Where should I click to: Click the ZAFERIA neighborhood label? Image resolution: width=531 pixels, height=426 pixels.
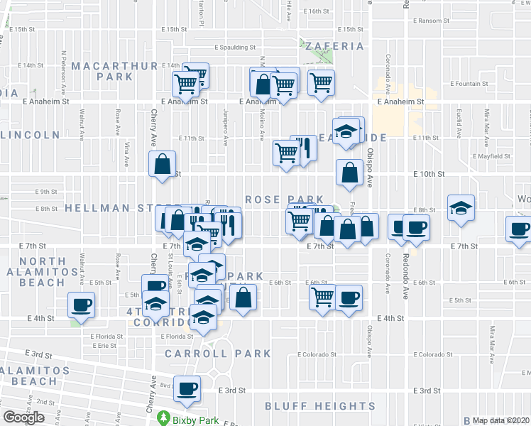coord(334,46)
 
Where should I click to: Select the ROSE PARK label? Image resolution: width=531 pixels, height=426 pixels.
coord(284,200)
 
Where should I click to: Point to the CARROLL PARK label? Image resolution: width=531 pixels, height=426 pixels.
coord(217,353)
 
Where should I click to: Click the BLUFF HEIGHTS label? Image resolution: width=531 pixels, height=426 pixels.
coord(320,405)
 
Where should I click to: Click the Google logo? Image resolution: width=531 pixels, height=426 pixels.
coord(23,417)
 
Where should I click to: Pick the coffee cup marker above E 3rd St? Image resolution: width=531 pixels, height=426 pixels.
coord(188,388)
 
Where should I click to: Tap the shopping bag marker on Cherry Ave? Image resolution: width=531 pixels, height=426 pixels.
coord(163,164)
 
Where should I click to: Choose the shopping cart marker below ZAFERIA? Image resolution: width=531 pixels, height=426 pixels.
coord(322,84)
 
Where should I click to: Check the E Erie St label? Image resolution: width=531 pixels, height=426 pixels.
coord(104,346)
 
